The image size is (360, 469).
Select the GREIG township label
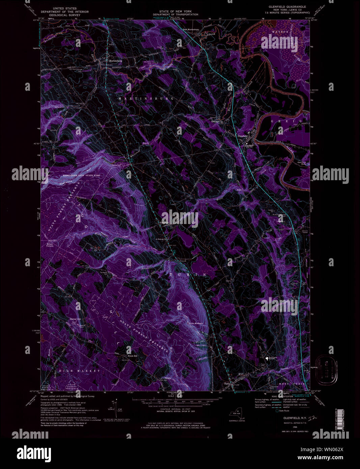tap(285, 121)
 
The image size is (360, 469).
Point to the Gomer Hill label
tap(75, 319)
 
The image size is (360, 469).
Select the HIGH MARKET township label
tap(75, 371)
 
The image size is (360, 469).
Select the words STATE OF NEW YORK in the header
tap(175, 11)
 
